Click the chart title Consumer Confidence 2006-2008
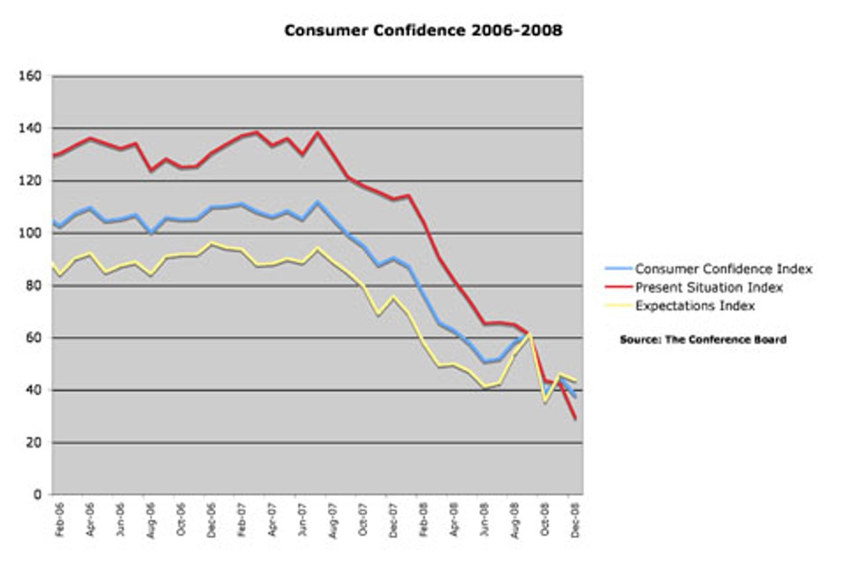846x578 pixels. click(423, 31)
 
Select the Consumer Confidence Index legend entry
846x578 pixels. click(724, 269)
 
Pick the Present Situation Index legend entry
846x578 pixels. click(709, 287)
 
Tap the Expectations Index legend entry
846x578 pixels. click(695, 306)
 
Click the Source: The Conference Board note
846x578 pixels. click(703, 340)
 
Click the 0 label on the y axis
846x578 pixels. click(38, 495)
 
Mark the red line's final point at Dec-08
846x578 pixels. click(576, 419)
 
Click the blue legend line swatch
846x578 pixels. click(619, 269)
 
